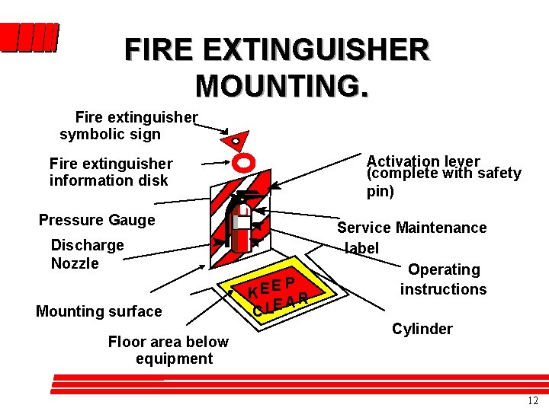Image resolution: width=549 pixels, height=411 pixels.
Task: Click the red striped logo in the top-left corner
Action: [x=29, y=37]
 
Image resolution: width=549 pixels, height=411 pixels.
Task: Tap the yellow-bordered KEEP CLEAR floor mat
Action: [x=278, y=294]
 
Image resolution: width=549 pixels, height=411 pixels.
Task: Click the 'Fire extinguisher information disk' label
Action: [x=111, y=172]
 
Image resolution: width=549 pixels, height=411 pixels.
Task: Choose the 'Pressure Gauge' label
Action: [x=97, y=220]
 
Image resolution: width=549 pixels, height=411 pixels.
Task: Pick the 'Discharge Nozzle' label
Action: [x=87, y=254]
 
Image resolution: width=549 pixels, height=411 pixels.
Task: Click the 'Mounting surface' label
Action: [x=99, y=311]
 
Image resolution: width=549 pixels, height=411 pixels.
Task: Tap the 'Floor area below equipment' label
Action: [x=168, y=350]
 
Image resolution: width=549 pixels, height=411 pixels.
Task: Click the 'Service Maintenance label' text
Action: [x=412, y=237]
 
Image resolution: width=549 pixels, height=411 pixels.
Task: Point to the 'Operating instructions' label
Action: [x=443, y=279]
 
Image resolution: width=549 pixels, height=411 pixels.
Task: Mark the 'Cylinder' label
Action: [x=422, y=329]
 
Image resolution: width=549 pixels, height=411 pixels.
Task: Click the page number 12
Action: [x=532, y=400]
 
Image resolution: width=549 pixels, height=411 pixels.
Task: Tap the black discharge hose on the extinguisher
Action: [x=231, y=228]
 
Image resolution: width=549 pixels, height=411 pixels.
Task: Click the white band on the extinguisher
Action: [x=242, y=222]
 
